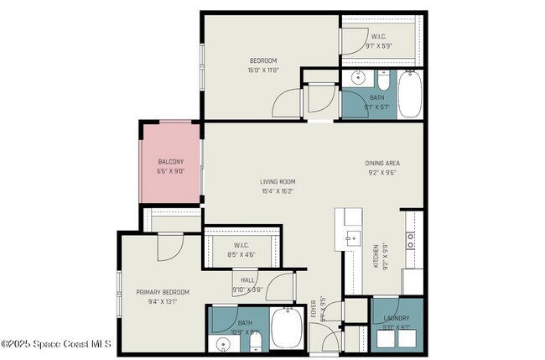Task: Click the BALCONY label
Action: [170, 162]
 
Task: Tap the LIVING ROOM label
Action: [278, 181]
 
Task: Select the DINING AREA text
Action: [381, 163]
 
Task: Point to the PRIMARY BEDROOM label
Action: [163, 292]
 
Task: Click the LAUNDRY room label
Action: [396, 318]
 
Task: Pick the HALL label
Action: [247, 281]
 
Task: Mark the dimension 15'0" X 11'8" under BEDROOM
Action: [262, 70]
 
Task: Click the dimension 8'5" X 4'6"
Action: [242, 253]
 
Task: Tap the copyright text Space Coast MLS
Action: [55, 343]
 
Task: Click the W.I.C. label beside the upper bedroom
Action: [379, 37]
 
